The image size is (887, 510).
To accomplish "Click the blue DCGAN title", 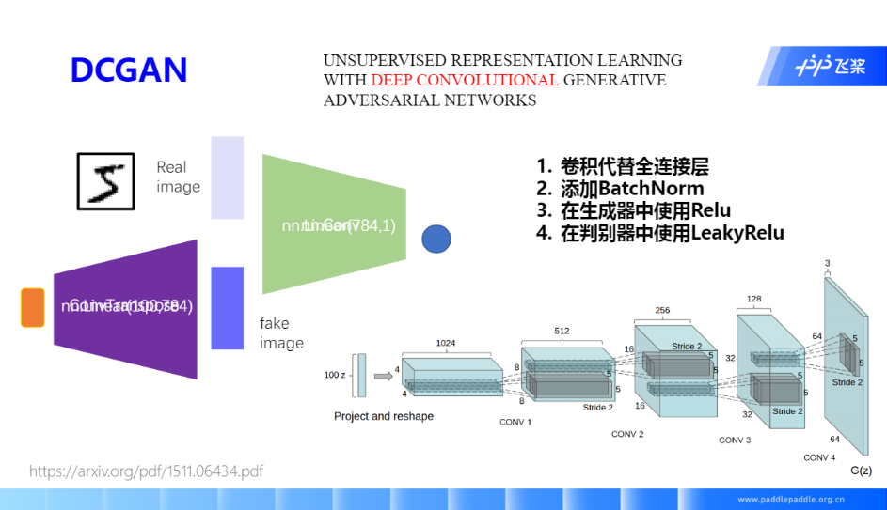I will (x=129, y=70).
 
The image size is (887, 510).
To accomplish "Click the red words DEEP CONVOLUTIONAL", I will (x=465, y=80).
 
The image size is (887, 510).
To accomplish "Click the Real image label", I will (x=178, y=177).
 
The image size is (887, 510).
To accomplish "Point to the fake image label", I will (x=281, y=333).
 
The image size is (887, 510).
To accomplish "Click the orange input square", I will (x=33, y=308).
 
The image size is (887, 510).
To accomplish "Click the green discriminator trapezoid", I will (x=334, y=225).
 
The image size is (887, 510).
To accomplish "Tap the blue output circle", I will (x=436, y=240).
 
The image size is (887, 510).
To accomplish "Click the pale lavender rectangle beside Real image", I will (x=227, y=178).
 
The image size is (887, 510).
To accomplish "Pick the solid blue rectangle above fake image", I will (x=227, y=308).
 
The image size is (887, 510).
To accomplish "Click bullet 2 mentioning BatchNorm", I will (x=621, y=189).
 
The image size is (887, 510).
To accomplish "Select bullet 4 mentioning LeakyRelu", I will (x=660, y=233).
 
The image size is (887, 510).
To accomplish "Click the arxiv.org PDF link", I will (x=146, y=471).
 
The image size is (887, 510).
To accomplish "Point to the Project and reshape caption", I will (x=384, y=416).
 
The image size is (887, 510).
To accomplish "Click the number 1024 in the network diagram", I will (x=445, y=344).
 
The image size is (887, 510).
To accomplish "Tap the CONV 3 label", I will (x=735, y=440).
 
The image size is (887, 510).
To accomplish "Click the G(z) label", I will (x=861, y=470).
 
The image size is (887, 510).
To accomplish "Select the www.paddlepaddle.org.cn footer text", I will (x=790, y=500).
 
